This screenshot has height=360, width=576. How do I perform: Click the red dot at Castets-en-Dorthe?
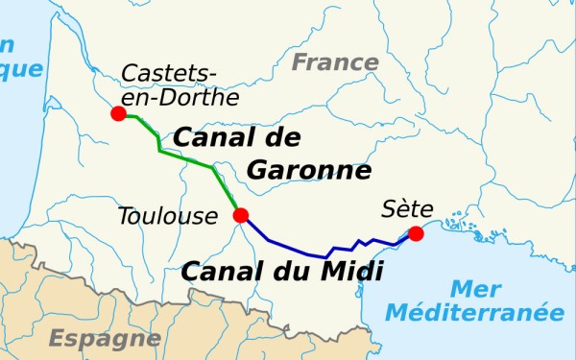(118, 113)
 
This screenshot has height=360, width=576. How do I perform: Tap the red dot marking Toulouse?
(241, 215)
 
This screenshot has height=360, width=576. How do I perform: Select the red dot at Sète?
(416, 233)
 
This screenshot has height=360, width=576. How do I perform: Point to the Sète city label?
(407, 208)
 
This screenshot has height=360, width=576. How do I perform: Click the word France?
(335, 63)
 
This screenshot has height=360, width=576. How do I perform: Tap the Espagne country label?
(93, 338)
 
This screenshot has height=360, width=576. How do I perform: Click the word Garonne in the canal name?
(308, 171)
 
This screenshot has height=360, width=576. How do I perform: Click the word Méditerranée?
(474, 312)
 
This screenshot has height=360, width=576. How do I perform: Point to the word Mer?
(474, 289)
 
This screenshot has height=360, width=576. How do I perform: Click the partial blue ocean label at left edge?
(19, 58)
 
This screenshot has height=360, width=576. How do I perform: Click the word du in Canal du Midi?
(288, 272)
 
